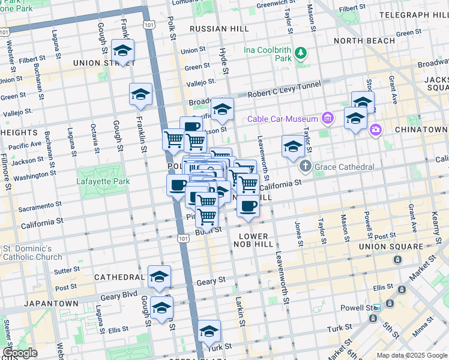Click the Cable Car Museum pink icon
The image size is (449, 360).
327,118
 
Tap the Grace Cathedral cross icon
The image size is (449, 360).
306,167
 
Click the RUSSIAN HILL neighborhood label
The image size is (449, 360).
215,28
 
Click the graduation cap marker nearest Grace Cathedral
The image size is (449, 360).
292,146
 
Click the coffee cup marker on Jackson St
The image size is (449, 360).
191,127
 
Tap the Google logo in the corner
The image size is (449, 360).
20,353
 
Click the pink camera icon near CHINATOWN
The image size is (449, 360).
376,129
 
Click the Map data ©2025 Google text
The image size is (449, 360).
411,355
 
